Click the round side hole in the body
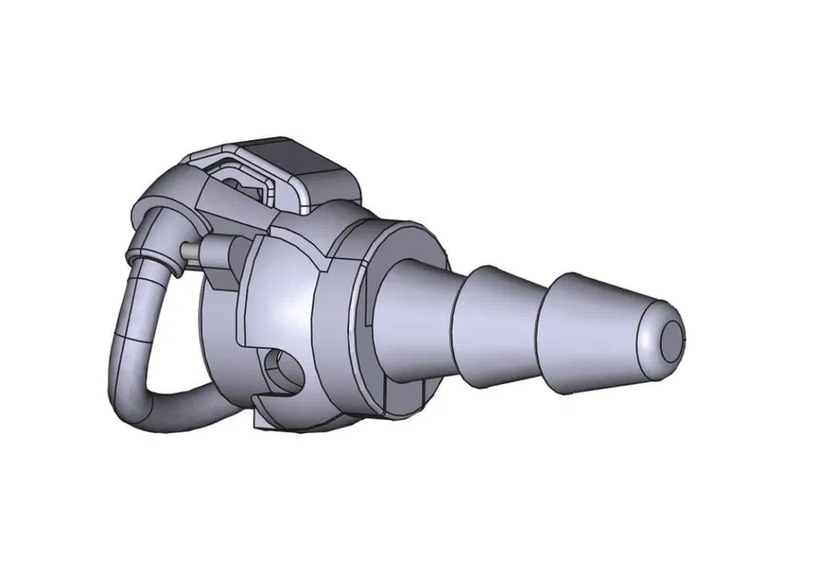click(280, 370)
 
